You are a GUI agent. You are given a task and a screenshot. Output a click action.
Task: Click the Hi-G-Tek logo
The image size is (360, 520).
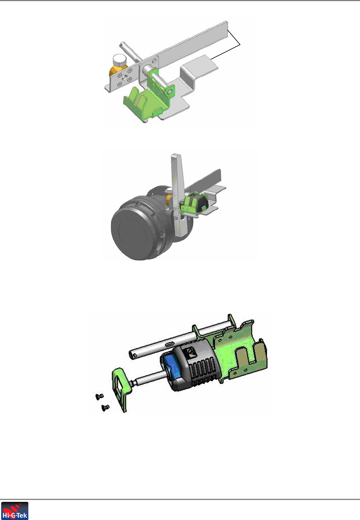click(15, 511)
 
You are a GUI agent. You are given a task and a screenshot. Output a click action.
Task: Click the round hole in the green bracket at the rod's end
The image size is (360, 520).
click(171, 92)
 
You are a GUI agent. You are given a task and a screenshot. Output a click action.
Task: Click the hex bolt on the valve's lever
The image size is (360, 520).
click(176, 218)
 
